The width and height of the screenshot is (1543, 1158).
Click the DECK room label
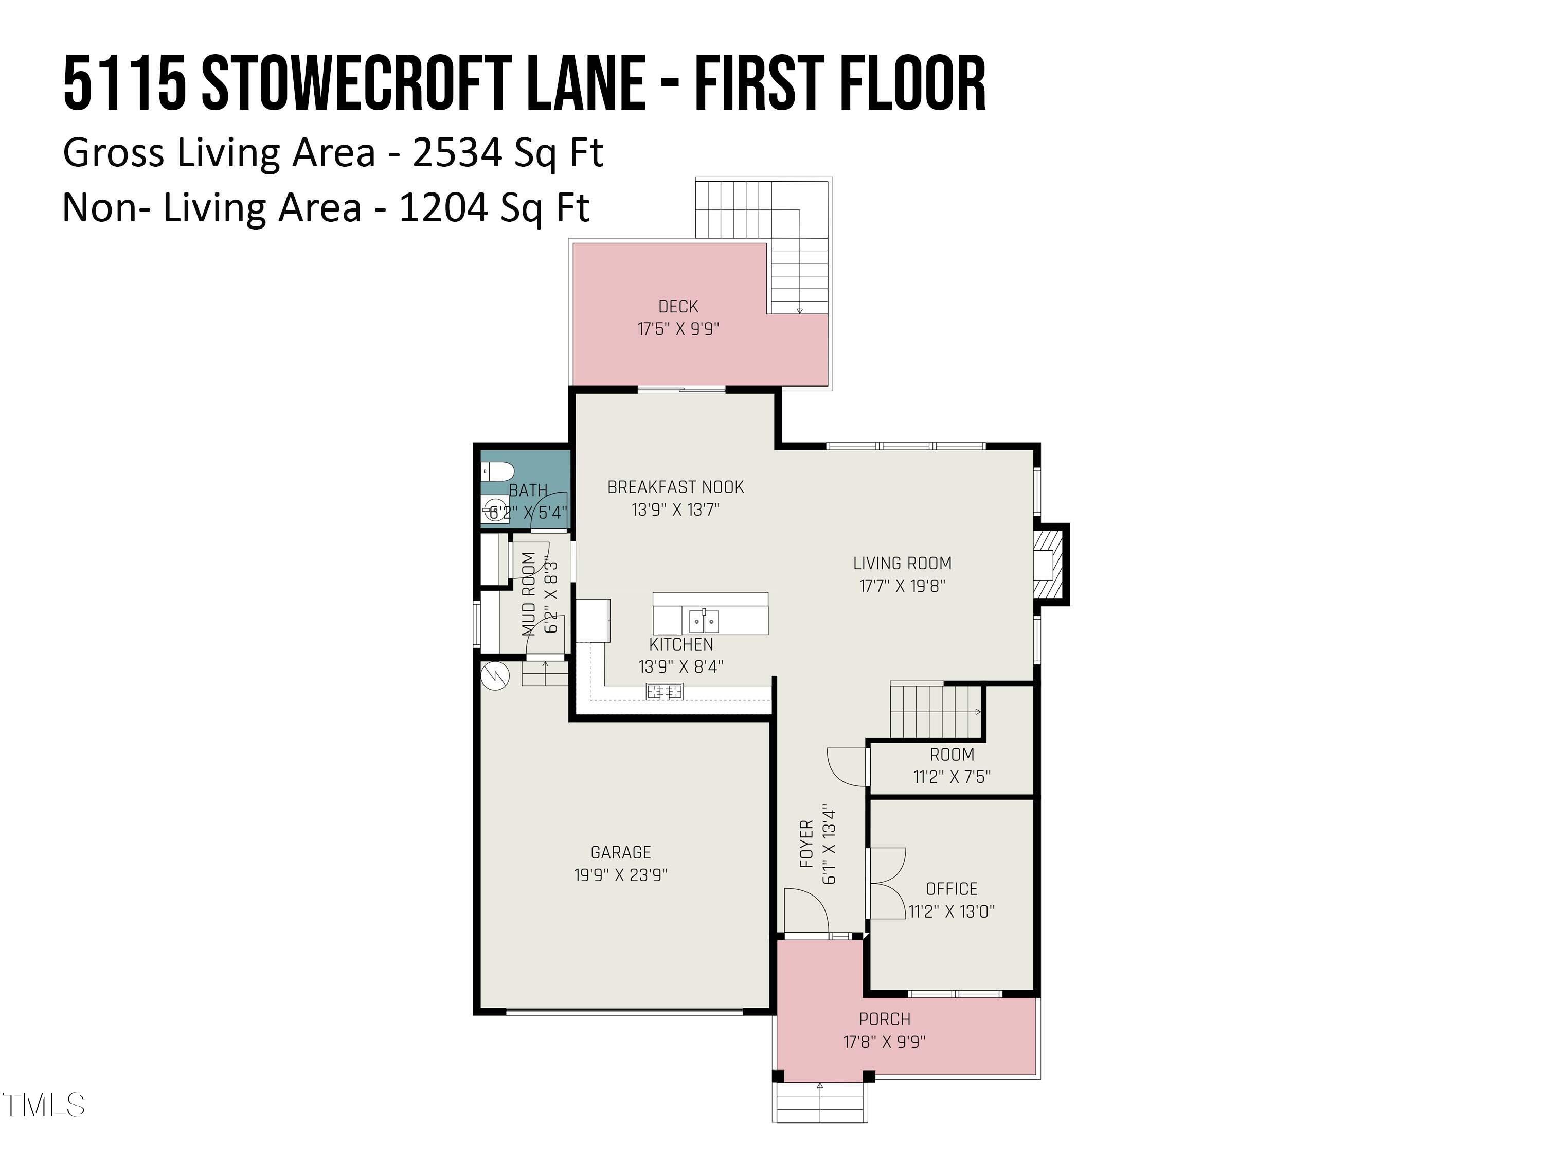click(678, 306)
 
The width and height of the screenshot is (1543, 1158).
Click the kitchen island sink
click(704, 620)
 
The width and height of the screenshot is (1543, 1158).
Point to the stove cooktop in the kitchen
click(664, 692)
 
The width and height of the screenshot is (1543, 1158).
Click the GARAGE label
click(620, 852)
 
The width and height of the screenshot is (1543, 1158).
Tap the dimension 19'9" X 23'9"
click(620, 874)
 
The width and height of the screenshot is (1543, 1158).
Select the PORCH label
click(885, 1019)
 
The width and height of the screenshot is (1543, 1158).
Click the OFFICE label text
click(952, 888)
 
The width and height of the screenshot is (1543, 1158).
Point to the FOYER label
click(806, 844)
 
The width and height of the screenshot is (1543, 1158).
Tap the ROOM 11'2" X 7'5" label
click(952, 765)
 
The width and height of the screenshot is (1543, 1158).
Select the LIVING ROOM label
click(902, 563)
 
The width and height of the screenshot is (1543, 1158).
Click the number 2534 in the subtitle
click(456, 152)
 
